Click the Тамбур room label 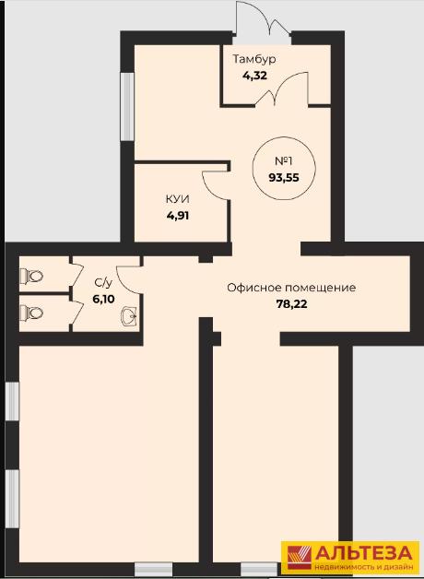click(x=254, y=59)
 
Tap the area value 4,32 click(x=254, y=76)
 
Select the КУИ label click(x=178, y=199)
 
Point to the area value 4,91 click(x=178, y=215)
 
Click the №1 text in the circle click(x=284, y=161)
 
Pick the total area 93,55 click(x=284, y=178)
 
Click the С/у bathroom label click(x=103, y=283)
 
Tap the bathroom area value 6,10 click(x=103, y=299)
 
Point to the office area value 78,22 click(x=291, y=304)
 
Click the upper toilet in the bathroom click(x=31, y=276)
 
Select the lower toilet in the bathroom click(x=31, y=313)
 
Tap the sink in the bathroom click(x=129, y=315)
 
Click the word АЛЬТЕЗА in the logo click(x=363, y=553)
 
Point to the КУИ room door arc click(x=213, y=185)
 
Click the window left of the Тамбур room click(x=128, y=106)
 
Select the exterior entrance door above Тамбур click(x=263, y=18)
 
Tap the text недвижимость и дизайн click(x=363, y=566)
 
